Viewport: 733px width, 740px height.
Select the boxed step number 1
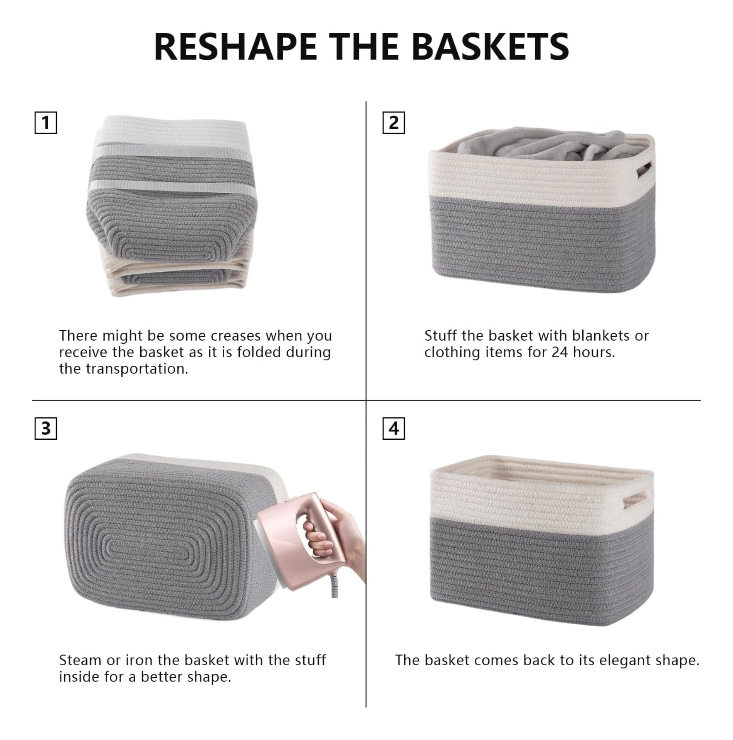pos(45,123)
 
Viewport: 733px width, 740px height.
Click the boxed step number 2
pos(393,123)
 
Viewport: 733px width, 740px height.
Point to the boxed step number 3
pos(45,428)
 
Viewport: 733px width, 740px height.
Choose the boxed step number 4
pos(393,428)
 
